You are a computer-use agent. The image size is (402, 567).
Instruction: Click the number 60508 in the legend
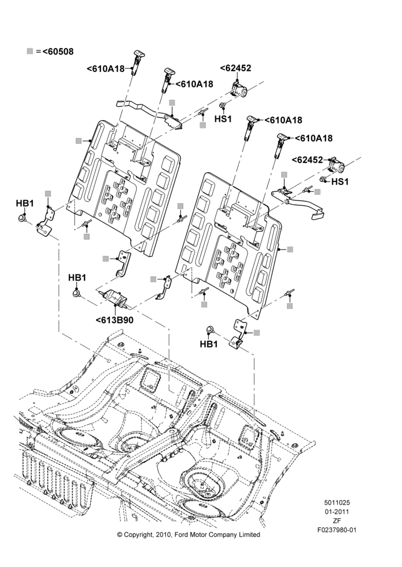[61, 52]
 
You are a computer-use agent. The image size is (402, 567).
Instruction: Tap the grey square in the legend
[30, 52]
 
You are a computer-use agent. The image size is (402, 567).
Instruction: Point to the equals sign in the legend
[39, 52]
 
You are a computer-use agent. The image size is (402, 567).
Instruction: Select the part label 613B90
[117, 320]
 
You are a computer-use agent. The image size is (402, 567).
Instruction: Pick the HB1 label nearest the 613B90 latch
[77, 278]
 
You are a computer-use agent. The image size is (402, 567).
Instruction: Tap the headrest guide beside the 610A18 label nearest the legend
[137, 62]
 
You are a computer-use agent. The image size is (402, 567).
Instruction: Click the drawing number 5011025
[337, 502]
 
